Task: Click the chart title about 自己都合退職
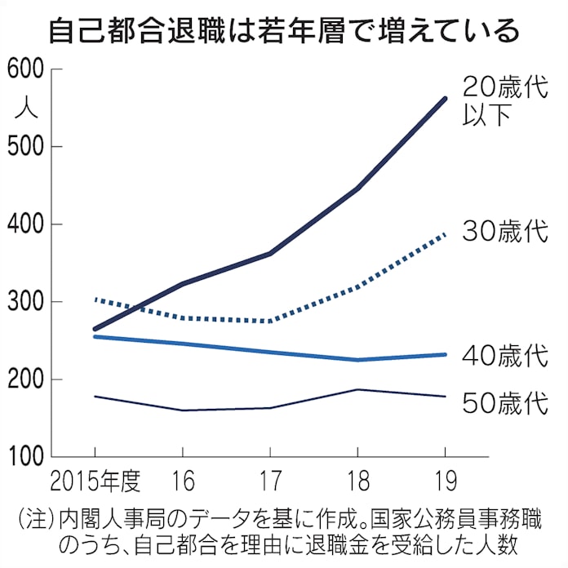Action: point(283,30)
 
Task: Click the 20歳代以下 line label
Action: point(502,100)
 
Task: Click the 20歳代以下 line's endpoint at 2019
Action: point(445,99)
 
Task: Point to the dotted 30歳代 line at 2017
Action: point(270,321)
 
